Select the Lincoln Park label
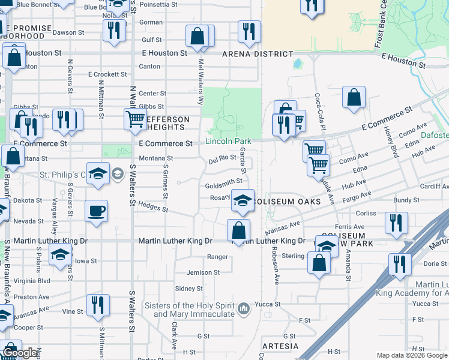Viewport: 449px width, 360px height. click(228, 142)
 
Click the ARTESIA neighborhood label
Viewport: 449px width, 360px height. click(280, 346)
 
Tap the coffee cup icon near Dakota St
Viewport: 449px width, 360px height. click(97, 211)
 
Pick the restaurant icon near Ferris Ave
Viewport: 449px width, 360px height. click(396, 223)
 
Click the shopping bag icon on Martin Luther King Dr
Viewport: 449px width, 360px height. click(239, 229)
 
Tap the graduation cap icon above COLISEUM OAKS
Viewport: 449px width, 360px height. click(243, 200)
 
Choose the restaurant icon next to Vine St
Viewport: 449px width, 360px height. click(98, 305)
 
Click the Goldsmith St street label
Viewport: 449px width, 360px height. click(223, 186)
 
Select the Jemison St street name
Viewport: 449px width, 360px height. click(203, 272)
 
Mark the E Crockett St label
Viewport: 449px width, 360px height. click(107, 74)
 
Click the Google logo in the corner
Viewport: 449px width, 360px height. click(19, 353)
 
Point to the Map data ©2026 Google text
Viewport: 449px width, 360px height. click(412, 355)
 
